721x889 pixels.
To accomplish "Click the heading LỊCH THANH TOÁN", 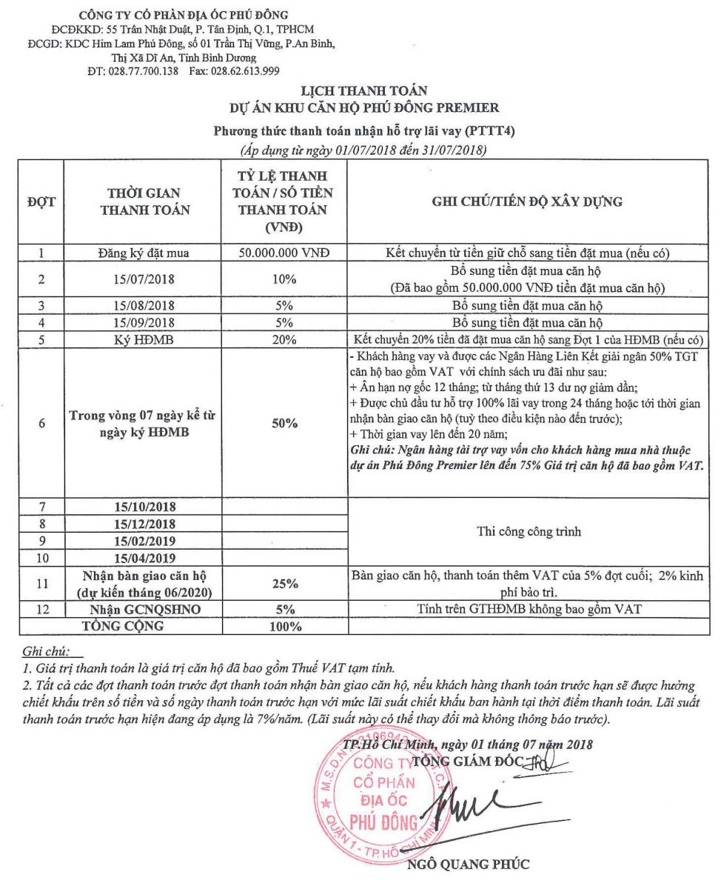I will click(363, 91).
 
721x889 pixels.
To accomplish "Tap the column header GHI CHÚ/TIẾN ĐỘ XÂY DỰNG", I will click(526, 201).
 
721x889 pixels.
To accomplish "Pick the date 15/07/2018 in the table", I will click(145, 279).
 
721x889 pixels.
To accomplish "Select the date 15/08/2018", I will click(145, 305).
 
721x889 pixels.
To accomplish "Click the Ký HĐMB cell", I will click(145, 340).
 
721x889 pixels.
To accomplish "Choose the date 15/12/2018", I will click(145, 524).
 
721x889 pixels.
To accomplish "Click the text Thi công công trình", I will click(526, 531).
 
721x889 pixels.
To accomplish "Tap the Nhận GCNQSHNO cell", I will click(145, 610).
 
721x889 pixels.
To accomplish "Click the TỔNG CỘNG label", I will click(133, 626).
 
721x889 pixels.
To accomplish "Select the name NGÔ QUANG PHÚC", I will click(469, 864).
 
